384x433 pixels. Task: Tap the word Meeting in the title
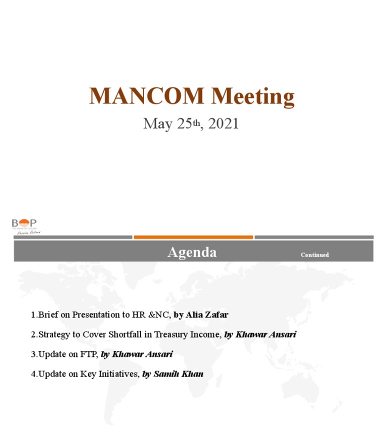click(252, 97)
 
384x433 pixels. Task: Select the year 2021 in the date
click(223, 123)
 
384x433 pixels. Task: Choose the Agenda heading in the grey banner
click(192, 252)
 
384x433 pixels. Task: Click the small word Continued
click(314, 255)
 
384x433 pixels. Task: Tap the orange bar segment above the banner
click(193, 237)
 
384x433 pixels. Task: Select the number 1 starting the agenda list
click(33, 315)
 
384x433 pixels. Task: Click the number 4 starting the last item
click(33, 373)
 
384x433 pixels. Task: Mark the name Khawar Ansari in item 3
click(142, 354)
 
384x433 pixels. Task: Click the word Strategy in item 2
click(54, 334)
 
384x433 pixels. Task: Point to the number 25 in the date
click(182, 124)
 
